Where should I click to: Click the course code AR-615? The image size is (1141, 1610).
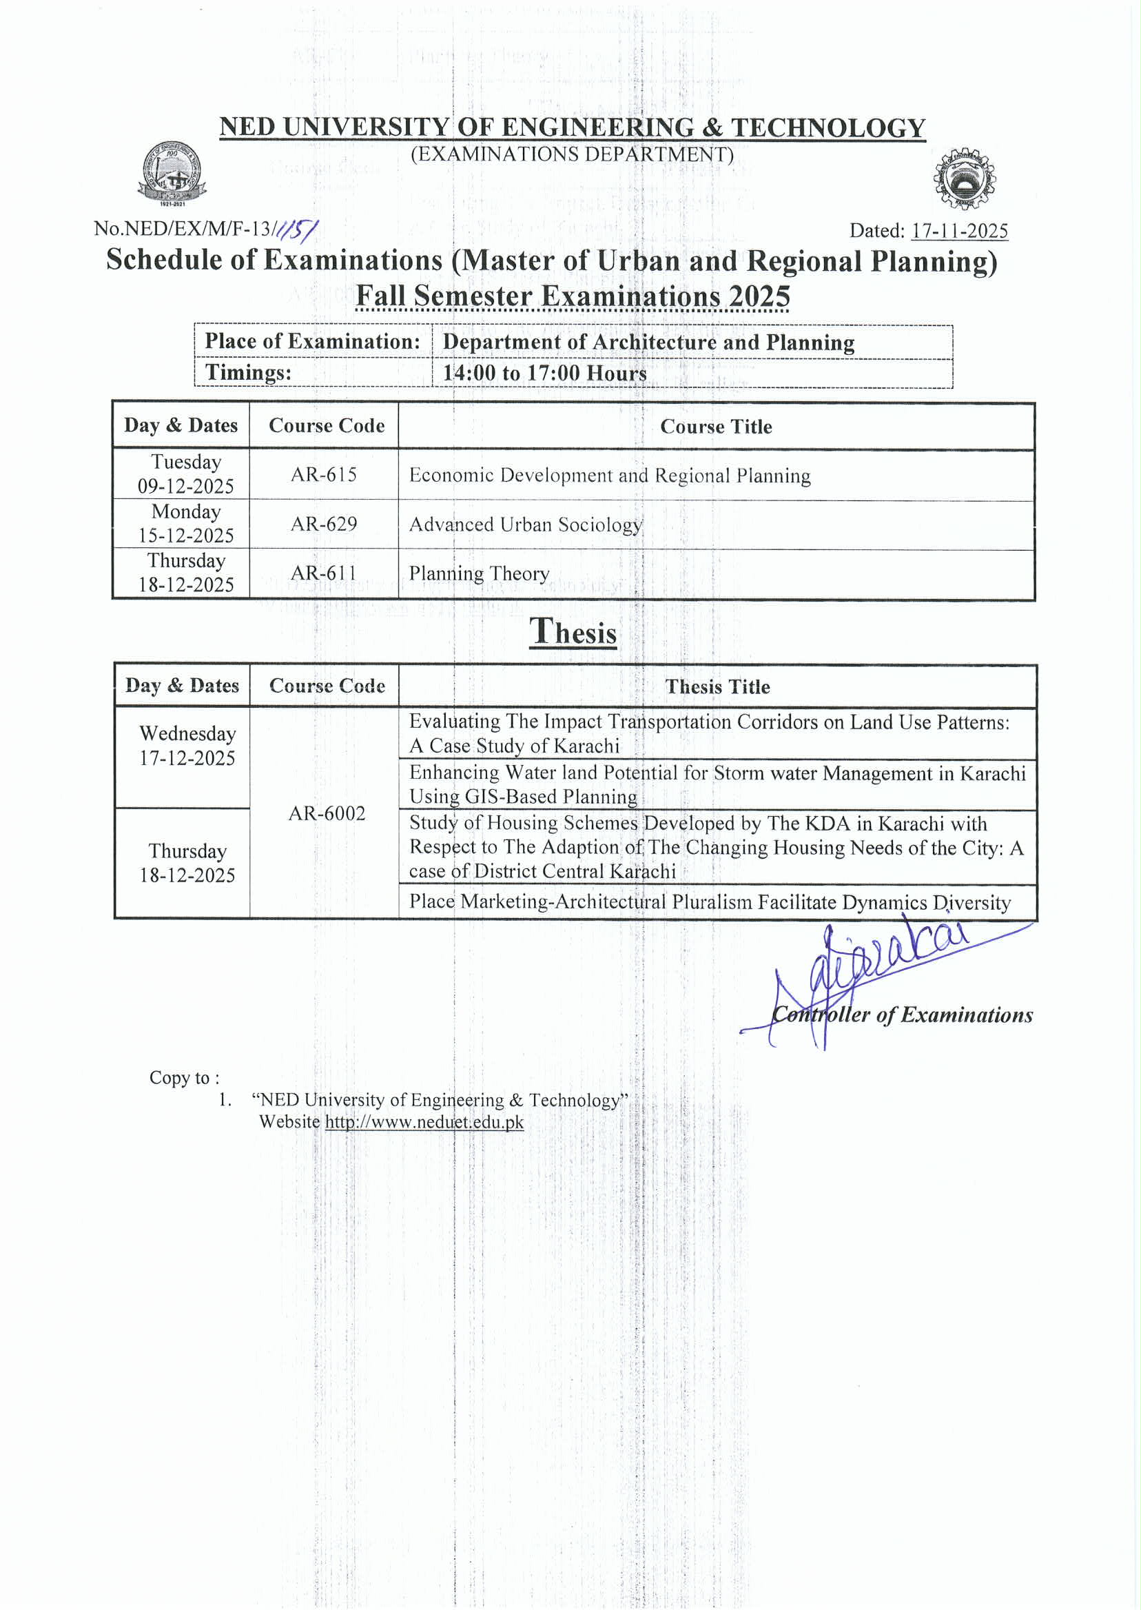point(324,475)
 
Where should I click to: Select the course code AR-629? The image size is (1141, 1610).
point(324,524)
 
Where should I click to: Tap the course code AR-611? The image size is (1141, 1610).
point(324,573)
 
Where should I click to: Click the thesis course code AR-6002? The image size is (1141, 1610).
point(327,814)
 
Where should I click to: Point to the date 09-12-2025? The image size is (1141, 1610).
point(185,487)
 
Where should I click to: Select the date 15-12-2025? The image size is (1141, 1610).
point(185,536)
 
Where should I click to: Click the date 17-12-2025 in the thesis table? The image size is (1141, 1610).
point(187,758)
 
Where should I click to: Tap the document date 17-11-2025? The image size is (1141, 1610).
point(959,231)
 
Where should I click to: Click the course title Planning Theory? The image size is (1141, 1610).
point(479,574)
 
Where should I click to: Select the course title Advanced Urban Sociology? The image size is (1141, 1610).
point(526,525)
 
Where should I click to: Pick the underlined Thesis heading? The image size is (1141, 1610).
point(573,632)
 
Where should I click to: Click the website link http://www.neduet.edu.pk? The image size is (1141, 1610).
point(424,1122)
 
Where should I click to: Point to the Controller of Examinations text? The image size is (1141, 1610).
point(902,1015)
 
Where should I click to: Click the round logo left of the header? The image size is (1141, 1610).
point(172,173)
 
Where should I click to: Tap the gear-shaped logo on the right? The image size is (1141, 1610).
point(964,180)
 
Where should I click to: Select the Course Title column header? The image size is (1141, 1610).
point(716,427)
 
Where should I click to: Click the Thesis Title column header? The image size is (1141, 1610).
point(717,686)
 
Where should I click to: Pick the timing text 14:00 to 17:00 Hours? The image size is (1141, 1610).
point(544,373)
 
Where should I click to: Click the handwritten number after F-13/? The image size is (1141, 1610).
point(297,229)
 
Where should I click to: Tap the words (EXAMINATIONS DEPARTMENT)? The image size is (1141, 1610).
point(572,154)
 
